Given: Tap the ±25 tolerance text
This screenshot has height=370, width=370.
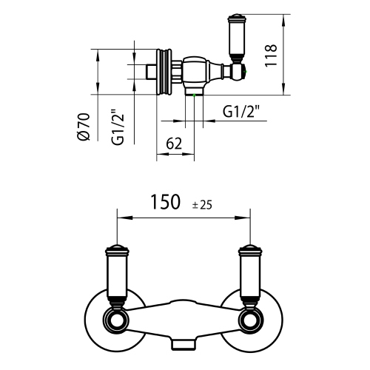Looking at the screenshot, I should click(203, 205).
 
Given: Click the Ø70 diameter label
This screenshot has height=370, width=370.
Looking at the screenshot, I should click(84, 127).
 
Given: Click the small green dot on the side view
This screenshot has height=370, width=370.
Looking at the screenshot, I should click(194, 95).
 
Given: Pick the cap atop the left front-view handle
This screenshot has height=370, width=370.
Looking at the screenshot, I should click(115, 247).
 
